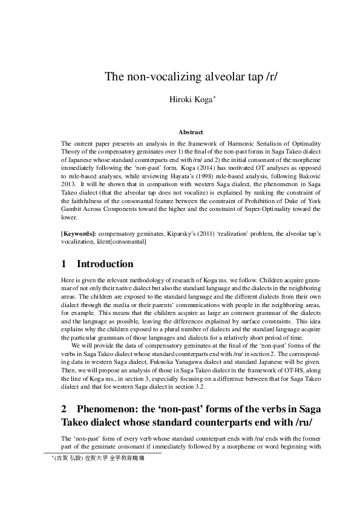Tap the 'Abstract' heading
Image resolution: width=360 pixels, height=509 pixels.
tap(190, 131)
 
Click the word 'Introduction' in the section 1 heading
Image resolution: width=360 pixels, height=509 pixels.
tap(105, 264)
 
